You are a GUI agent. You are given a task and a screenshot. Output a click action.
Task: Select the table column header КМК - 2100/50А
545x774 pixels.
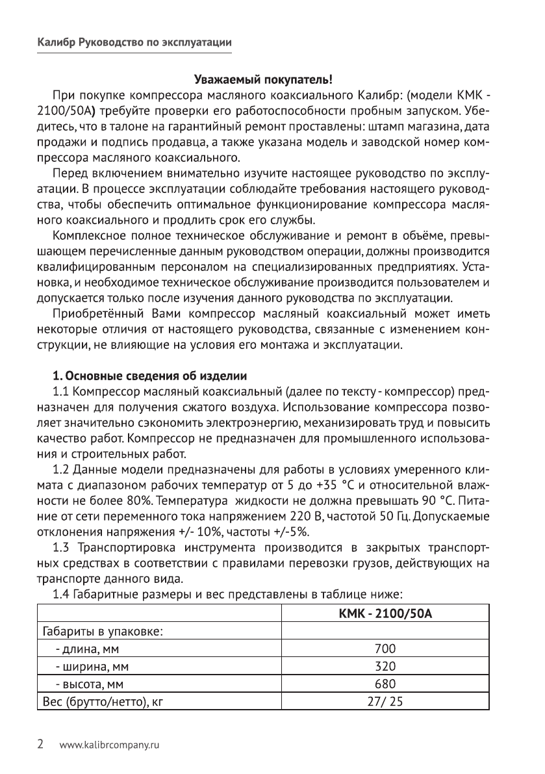coord(385,613)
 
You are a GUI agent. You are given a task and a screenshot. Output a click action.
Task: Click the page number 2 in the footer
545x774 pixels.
coord(41,745)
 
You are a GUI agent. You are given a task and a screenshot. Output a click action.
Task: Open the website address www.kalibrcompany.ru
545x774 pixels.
coord(108,745)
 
